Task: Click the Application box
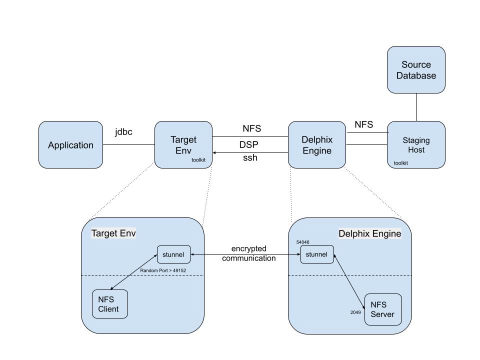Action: pos(70,145)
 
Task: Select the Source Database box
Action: pos(416,70)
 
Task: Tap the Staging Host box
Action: pos(416,145)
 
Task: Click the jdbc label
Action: pos(123,132)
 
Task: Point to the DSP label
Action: pos(248,144)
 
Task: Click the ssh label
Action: pos(250,158)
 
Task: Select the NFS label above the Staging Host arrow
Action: pos(363,124)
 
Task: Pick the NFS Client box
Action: pos(109,304)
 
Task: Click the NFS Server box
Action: pos(383,309)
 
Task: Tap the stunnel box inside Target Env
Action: pos(173,254)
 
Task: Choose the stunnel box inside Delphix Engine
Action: pos(316,254)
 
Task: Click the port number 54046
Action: pos(302,242)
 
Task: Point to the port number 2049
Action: pos(355,312)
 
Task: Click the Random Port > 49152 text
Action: pos(163,270)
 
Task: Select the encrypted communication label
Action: pos(248,253)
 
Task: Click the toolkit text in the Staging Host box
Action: pos(400,163)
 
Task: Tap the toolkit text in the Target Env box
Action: pos(198,160)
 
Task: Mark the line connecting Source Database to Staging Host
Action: pos(416,107)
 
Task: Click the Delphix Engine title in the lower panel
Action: pos(369,233)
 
